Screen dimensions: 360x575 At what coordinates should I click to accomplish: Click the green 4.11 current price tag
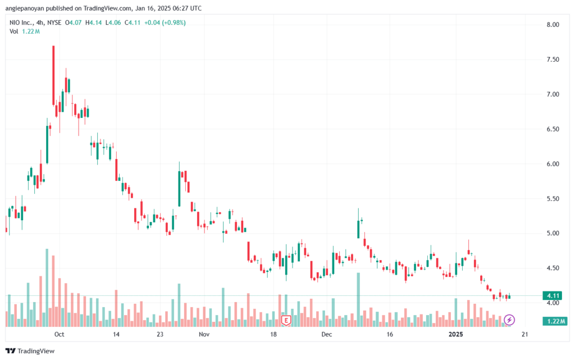click(553, 295)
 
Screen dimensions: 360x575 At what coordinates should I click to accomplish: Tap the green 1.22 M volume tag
click(554, 321)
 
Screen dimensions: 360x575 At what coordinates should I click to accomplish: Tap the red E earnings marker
click(286, 321)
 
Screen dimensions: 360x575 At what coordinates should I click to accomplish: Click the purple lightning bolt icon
click(509, 320)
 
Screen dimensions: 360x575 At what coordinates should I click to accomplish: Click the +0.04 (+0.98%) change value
click(166, 22)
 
